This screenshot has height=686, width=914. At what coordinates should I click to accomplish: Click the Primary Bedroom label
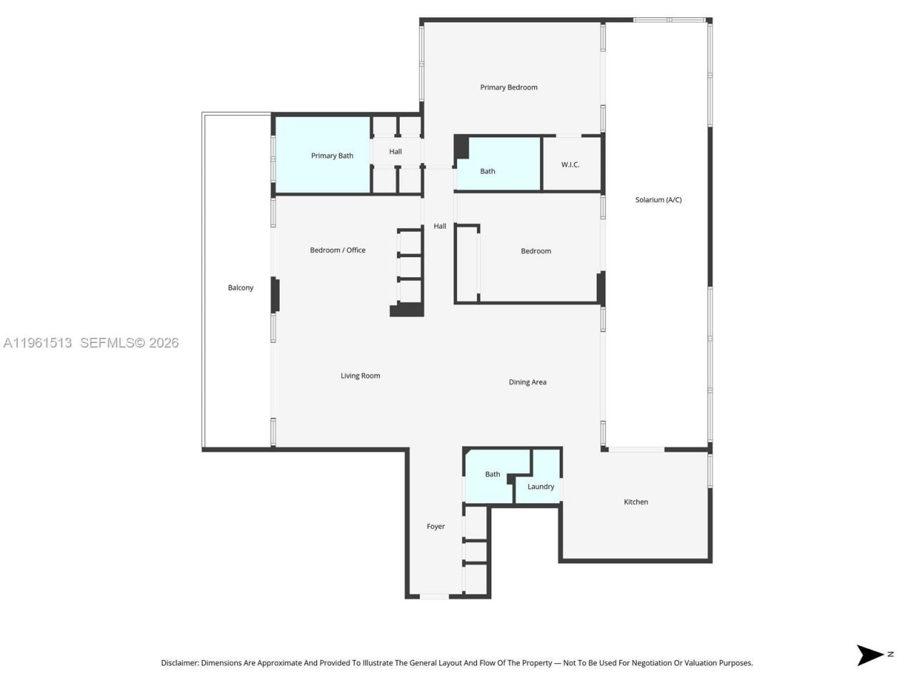click(508, 87)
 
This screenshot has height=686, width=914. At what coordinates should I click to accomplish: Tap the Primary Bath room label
click(332, 156)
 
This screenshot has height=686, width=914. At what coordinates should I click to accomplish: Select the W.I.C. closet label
click(570, 165)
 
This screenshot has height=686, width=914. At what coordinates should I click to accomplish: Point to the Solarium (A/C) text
click(658, 200)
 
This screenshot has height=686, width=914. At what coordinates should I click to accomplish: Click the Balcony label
click(241, 288)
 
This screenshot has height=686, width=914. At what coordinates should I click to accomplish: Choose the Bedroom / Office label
click(338, 250)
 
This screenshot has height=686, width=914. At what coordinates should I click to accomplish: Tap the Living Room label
click(360, 376)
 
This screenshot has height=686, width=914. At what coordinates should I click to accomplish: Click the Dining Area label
click(527, 382)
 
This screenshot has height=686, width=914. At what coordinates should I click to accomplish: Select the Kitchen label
click(636, 502)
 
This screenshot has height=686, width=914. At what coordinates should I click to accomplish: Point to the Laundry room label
click(541, 487)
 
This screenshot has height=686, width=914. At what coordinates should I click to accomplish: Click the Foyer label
click(436, 527)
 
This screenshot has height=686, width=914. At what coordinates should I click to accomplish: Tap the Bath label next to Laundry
click(493, 474)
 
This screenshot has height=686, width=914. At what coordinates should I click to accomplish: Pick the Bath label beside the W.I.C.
click(488, 171)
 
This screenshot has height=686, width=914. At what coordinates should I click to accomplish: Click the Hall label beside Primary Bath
click(396, 151)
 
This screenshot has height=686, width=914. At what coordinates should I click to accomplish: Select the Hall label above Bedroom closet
click(440, 227)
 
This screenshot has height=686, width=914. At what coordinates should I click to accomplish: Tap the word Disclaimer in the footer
click(179, 663)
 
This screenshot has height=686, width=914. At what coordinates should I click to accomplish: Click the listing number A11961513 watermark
click(37, 343)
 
